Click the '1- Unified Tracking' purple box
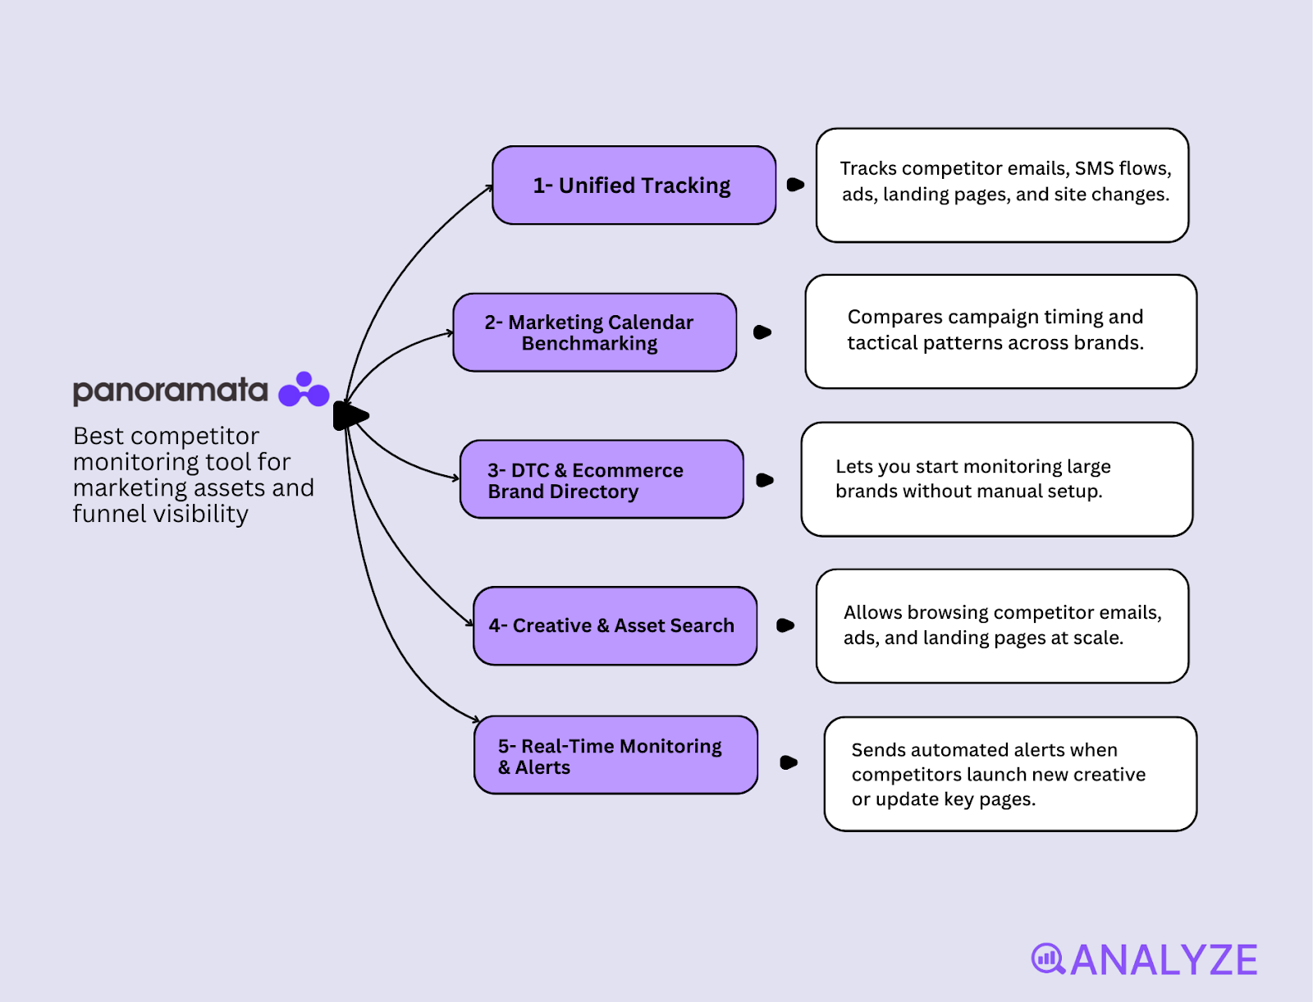coord(634,185)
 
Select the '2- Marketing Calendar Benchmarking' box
coord(594,332)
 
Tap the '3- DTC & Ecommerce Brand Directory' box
coord(602,480)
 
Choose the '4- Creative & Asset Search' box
coord(615,625)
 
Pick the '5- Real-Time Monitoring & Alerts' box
coord(615,756)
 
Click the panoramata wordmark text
coord(170,391)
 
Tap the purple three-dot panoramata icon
coord(304,391)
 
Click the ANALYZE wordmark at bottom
coord(1164,960)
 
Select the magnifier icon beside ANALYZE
coord(1047,959)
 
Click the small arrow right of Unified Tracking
coord(795,185)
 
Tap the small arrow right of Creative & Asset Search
coord(785,625)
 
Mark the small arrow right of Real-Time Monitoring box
coord(789,762)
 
